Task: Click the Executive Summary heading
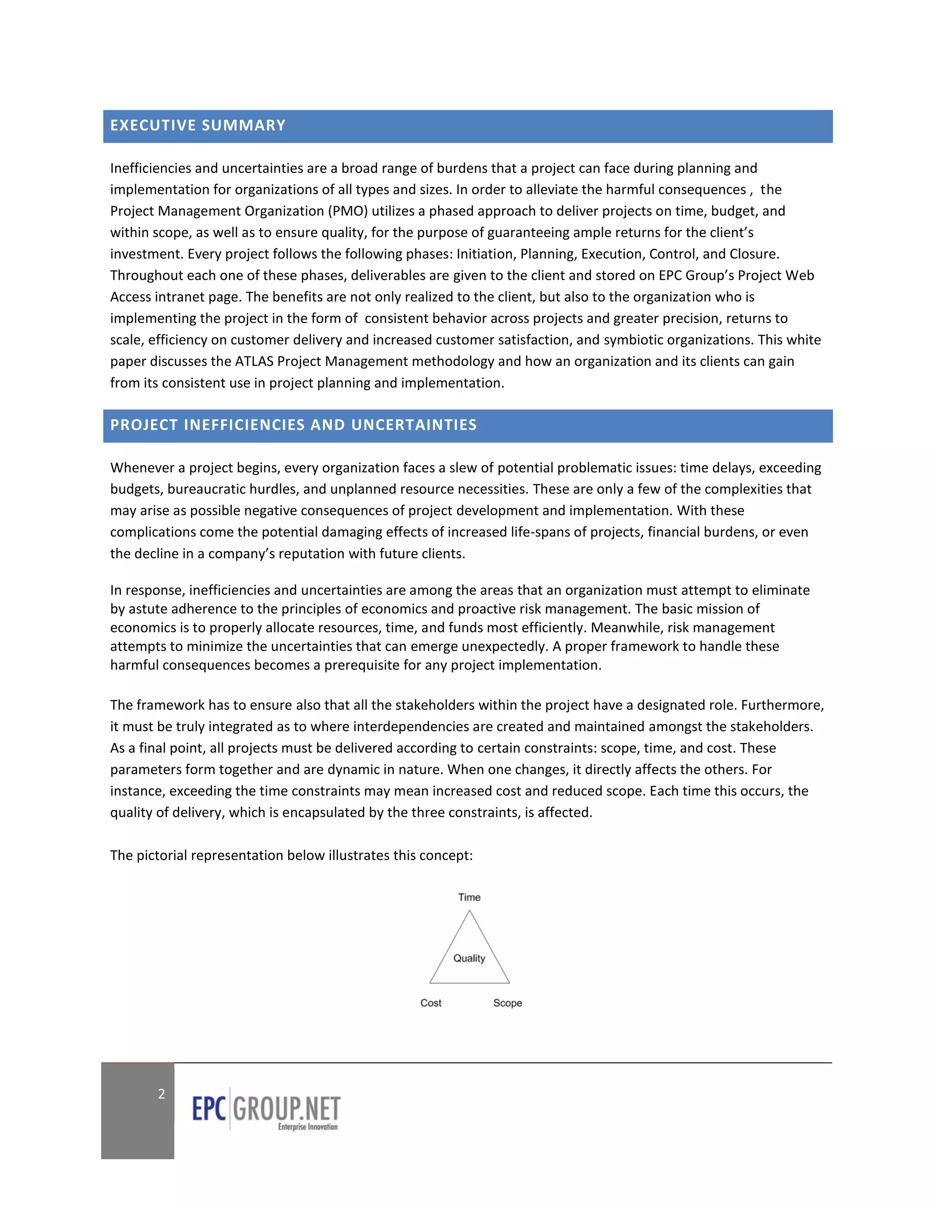(197, 125)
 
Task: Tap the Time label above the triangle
(469, 897)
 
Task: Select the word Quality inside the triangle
(469, 958)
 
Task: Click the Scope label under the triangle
(507, 1003)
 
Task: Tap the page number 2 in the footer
(161, 1094)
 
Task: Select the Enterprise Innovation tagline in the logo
(308, 1127)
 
